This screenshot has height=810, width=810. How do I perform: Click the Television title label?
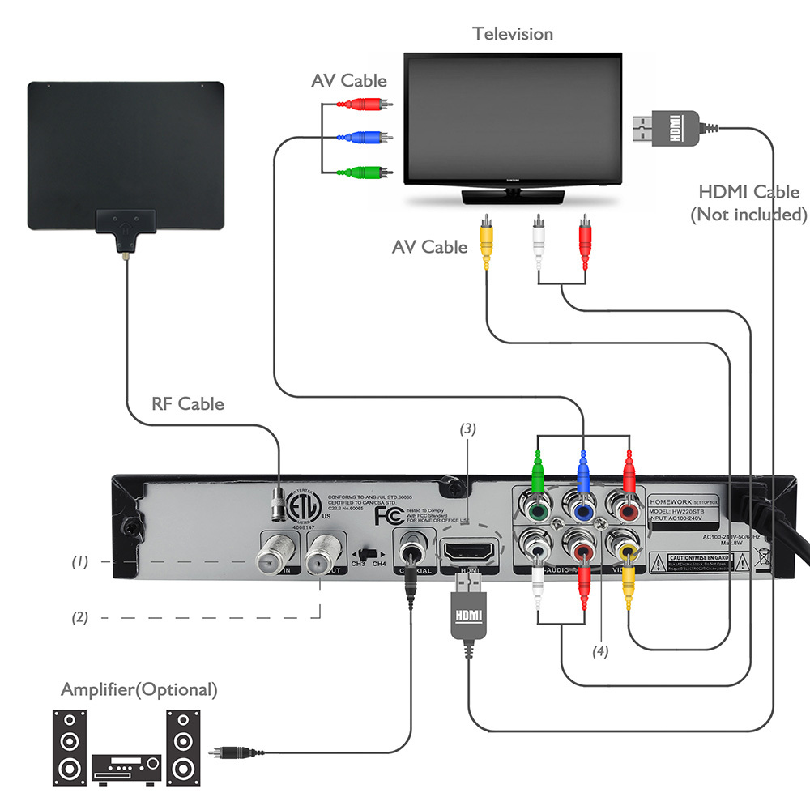coord(513,34)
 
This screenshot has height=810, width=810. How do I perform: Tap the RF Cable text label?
coord(188,403)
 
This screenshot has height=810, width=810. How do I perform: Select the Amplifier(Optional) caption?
coord(139,690)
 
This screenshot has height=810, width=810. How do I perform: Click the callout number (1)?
coord(79,561)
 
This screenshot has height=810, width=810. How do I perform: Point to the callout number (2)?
coord(79,617)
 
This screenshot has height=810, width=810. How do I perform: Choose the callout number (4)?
coord(599,650)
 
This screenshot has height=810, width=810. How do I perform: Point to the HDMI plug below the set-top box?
coord(469,620)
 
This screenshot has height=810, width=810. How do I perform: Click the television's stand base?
coord(512,196)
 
